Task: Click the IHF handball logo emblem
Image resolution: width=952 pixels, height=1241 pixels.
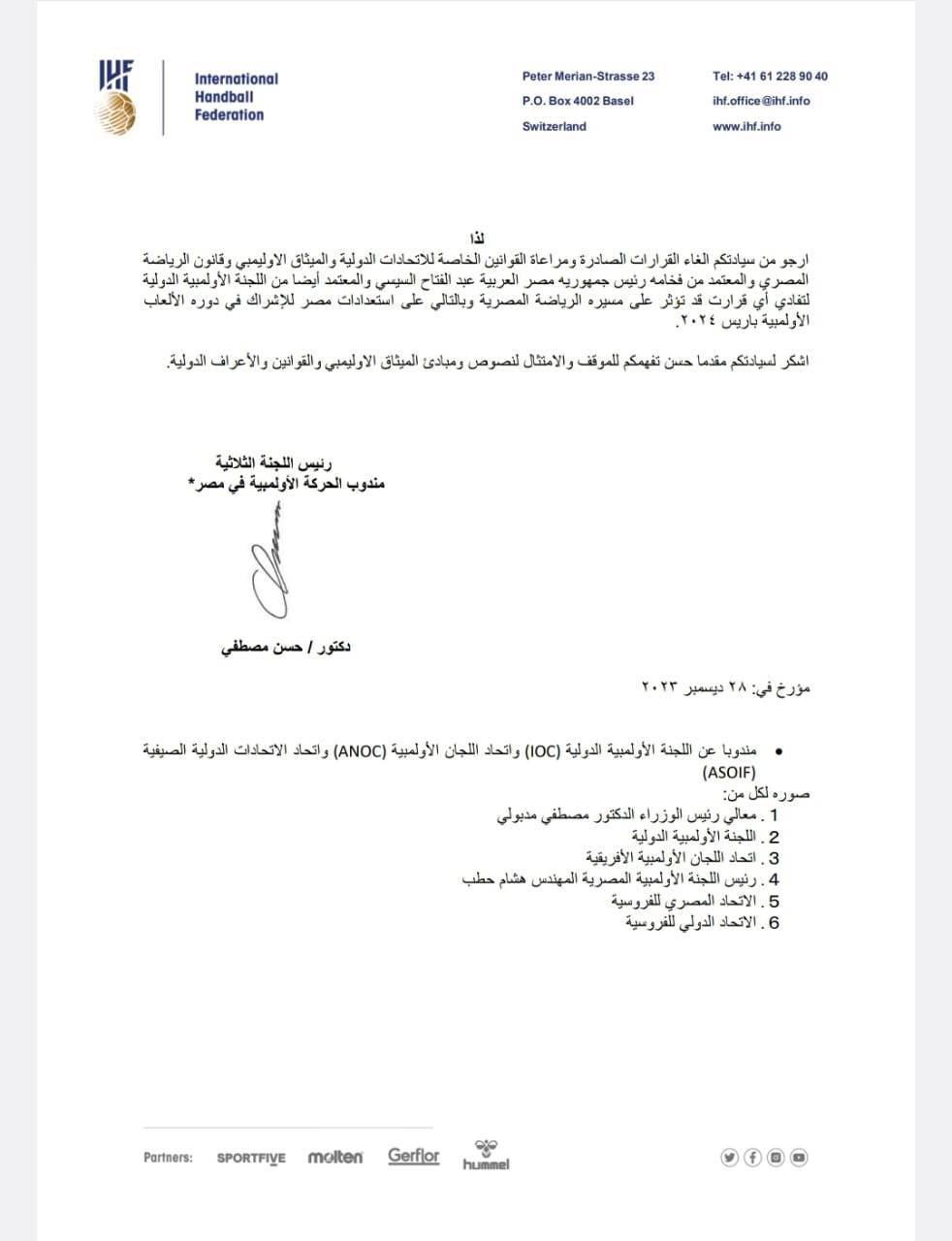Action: [x=115, y=97]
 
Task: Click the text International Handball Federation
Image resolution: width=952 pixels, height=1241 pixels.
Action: [x=236, y=97]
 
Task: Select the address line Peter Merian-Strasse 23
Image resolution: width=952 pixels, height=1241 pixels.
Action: [x=587, y=76]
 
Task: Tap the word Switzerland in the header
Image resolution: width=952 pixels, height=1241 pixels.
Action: [x=554, y=126]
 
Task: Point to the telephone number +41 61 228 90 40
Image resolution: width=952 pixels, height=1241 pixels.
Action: [x=770, y=76]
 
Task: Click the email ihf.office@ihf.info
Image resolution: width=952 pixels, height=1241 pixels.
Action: [x=760, y=101]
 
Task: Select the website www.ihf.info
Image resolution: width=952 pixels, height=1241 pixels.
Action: [x=746, y=126]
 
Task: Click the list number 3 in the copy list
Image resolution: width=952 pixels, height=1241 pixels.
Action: [x=774, y=858]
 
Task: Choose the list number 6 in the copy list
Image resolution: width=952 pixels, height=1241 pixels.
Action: [x=774, y=923]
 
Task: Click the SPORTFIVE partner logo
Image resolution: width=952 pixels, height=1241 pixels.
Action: [x=251, y=1158]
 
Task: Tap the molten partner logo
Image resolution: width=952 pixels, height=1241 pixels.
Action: [x=335, y=1157]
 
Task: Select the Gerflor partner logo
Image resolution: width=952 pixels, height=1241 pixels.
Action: [x=414, y=1156]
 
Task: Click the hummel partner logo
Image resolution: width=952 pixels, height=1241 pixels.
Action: [x=486, y=1155]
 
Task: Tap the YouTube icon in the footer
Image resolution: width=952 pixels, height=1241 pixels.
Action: [x=799, y=1157]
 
